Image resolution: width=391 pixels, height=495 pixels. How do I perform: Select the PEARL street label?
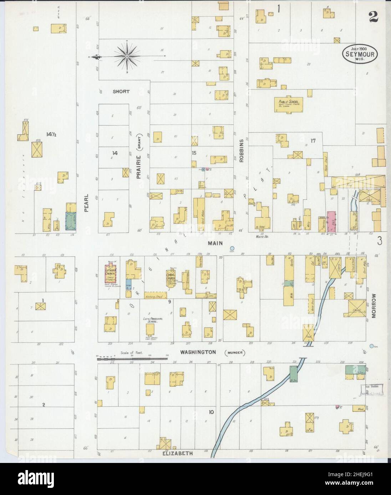click(86, 205)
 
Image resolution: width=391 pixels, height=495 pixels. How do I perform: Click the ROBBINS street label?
click(241, 151)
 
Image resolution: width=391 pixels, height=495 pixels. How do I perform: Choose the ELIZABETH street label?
click(178, 454)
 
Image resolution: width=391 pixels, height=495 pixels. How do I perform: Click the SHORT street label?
click(121, 92)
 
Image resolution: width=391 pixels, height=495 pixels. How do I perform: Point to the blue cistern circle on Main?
click(232, 248)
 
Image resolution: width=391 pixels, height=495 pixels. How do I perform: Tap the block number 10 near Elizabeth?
click(211, 412)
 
